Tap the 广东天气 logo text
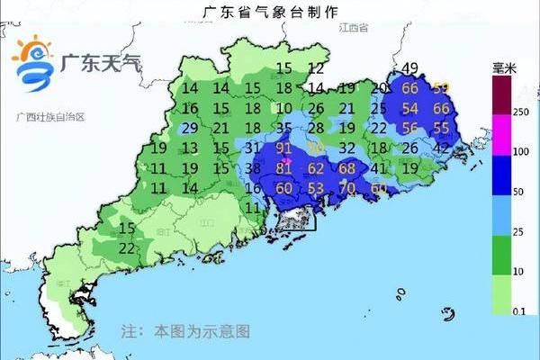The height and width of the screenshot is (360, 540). [101, 64]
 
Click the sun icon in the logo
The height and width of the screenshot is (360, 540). [33, 50]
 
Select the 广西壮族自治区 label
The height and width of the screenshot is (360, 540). [49, 118]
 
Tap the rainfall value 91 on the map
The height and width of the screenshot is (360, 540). [284, 148]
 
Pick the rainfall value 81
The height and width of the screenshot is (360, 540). [284, 167]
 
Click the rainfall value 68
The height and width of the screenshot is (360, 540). [347, 167]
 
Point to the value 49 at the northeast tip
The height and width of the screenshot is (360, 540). [411, 68]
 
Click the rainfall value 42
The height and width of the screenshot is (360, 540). [442, 148]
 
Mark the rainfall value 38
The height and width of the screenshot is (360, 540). [253, 167]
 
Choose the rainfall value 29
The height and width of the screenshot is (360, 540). [190, 128]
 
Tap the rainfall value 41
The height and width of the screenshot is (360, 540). [379, 167]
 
